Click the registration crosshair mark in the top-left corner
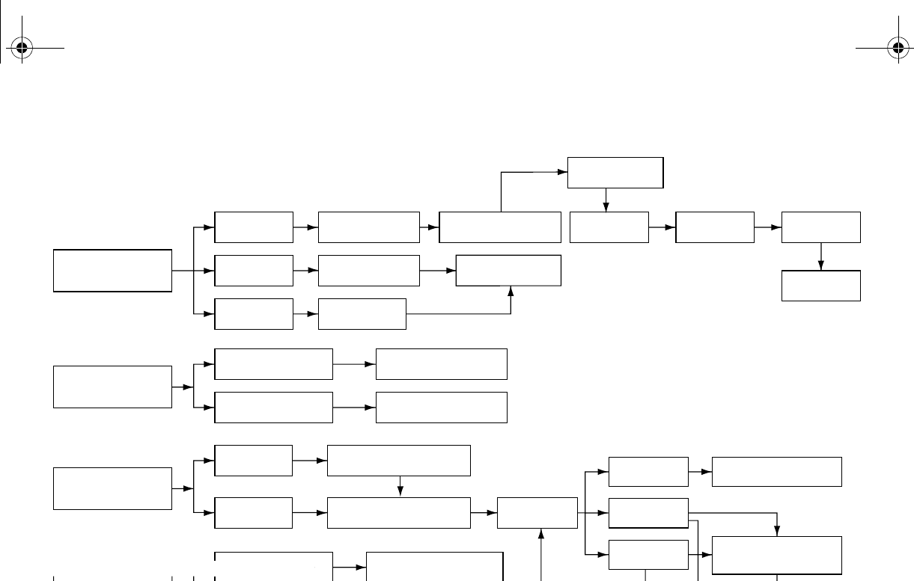click(x=22, y=49)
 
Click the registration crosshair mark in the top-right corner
click(x=898, y=49)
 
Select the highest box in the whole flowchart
click(x=615, y=173)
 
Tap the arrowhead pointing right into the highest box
click(x=563, y=172)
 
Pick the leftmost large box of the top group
click(x=112, y=270)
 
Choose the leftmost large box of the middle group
click(x=112, y=387)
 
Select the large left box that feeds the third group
click(x=112, y=488)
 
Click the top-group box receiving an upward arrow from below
click(x=508, y=270)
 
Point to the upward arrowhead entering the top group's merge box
click(x=511, y=290)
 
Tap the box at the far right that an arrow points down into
click(x=820, y=286)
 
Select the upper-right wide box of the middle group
click(x=441, y=364)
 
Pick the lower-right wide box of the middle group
click(x=441, y=408)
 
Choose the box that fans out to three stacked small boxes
click(x=537, y=513)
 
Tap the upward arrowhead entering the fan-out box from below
click(x=540, y=533)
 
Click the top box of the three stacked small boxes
click(x=648, y=472)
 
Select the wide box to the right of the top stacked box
click(x=776, y=472)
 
